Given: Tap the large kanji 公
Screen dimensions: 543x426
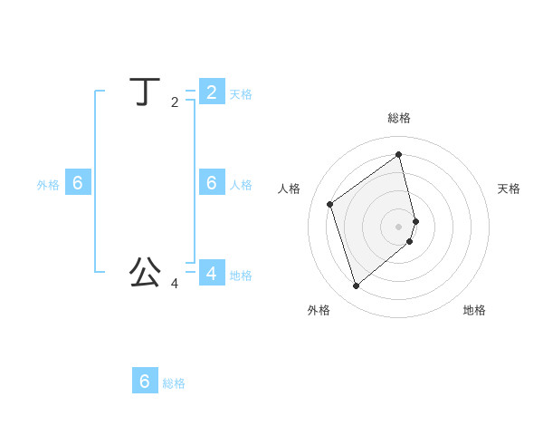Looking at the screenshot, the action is tap(145, 271).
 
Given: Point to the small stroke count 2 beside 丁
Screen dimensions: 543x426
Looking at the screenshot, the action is tap(175, 102).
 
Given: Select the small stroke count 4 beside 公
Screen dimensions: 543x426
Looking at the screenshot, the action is tap(175, 284).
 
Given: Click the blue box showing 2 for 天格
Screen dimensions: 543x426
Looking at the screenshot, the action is tap(212, 92).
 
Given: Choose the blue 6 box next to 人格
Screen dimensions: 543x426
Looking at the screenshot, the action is tap(212, 182).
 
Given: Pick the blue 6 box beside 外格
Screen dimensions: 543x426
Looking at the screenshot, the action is tap(78, 182).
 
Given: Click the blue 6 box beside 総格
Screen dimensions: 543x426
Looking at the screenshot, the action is tap(145, 381).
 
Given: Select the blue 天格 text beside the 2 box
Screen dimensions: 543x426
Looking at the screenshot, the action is tap(241, 94).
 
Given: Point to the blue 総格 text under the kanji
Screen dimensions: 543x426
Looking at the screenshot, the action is tap(174, 383).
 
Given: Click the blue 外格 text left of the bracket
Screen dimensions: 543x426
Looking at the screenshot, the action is tap(48, 185).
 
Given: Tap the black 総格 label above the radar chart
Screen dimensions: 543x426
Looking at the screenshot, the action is tap(399, 118).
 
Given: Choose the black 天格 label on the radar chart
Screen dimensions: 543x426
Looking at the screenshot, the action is tap(510, 189).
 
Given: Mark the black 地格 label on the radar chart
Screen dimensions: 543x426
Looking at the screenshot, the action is tap(474, 310).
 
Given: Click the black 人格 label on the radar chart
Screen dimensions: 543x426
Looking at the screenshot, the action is tap(289, 189).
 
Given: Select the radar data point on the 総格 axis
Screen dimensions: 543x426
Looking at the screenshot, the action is tap(399, 154).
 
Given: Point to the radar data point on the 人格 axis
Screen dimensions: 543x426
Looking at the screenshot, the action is tap(330, 204).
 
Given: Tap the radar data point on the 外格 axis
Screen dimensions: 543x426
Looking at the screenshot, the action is tap(356, 286).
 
